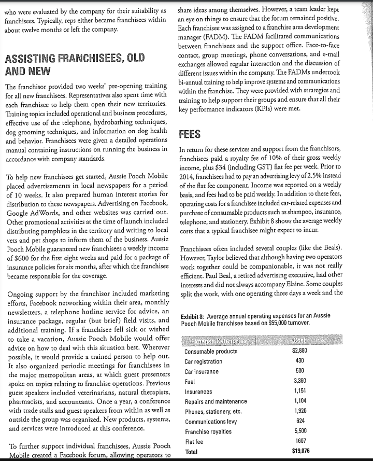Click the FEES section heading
point(190,134)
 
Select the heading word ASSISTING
point(33,58)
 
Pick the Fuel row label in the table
point(190,382)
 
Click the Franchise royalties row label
point(209,431)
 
